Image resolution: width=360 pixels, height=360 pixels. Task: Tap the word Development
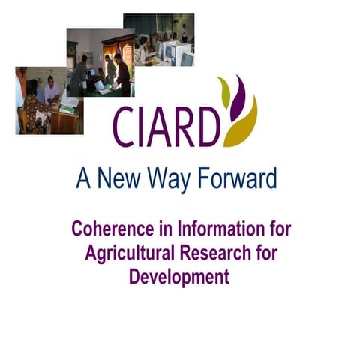[x=179, y=277]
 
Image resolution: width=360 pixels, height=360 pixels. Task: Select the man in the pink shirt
[x=51, y=90]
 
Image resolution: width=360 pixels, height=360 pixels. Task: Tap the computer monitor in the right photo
[x=186, y=57]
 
